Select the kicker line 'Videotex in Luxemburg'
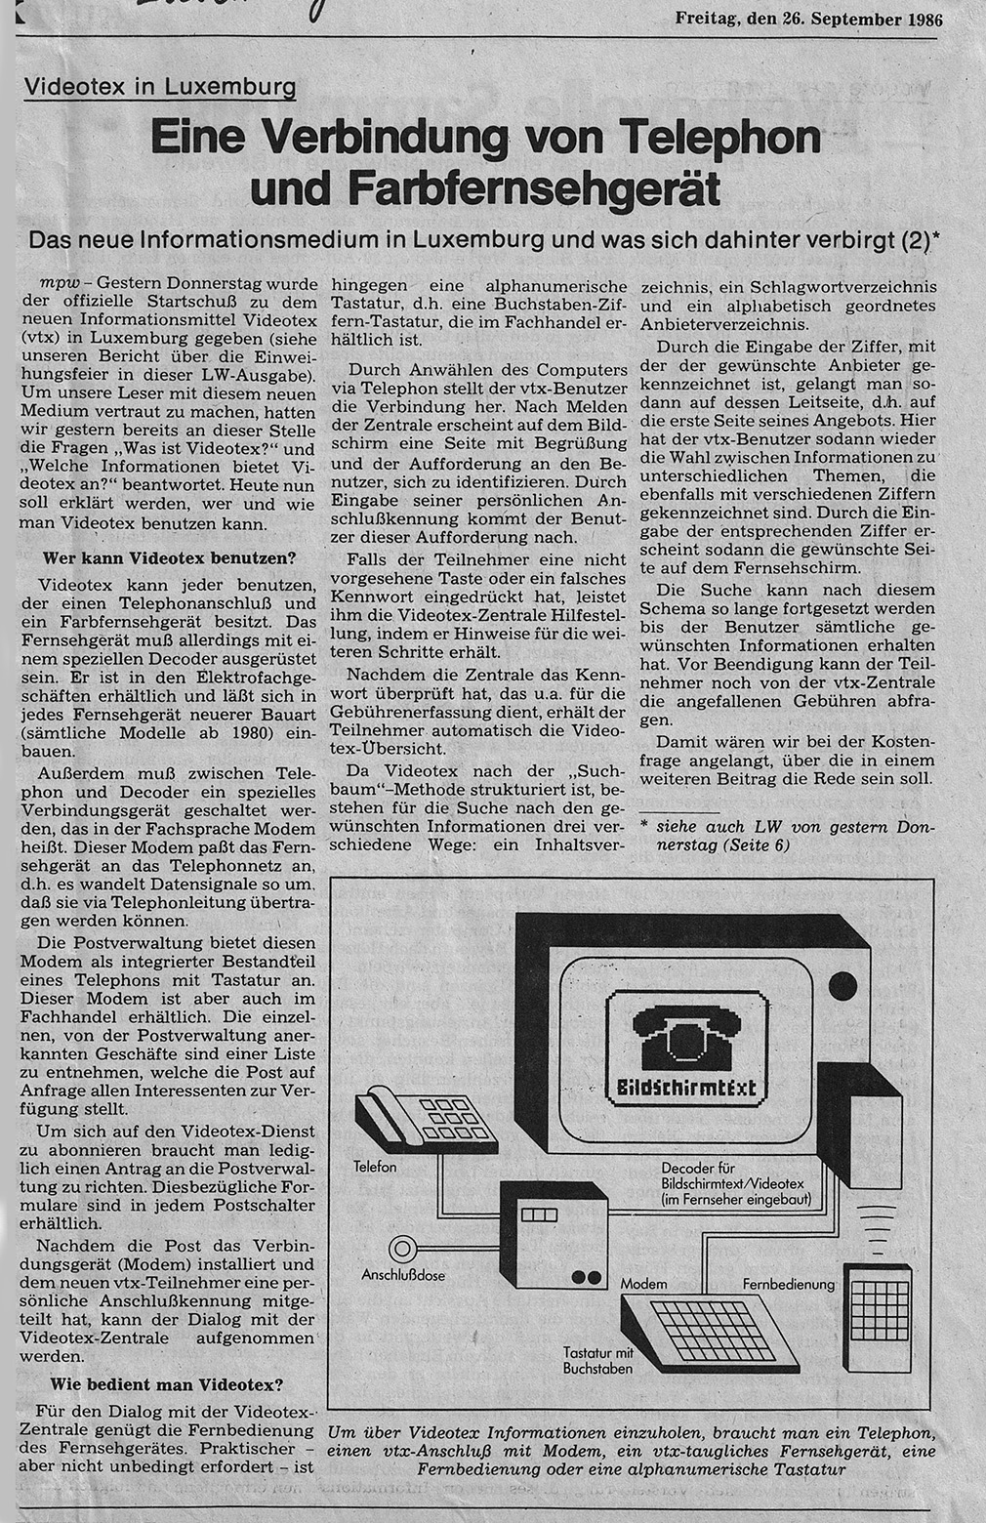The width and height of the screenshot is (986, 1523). [161, 87]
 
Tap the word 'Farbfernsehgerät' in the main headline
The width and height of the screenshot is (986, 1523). [484, 188]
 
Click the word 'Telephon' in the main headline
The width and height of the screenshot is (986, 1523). [723, 138]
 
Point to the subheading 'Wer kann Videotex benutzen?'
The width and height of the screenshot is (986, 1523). [171, 559]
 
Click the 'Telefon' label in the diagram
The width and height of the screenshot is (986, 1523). [375, 1167]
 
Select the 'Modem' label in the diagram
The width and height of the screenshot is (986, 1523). [643, 1282]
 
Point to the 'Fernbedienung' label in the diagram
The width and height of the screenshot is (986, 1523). [789, 1284]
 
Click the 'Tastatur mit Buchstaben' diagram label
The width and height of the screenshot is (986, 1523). [598, 1360]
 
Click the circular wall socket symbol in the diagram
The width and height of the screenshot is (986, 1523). [402, 1249]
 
